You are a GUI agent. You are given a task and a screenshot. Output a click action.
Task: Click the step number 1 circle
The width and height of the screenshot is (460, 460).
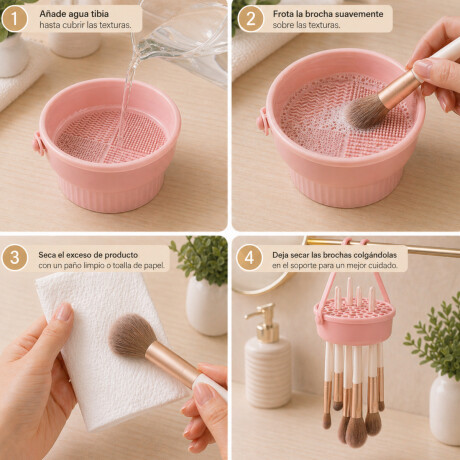(14, 19)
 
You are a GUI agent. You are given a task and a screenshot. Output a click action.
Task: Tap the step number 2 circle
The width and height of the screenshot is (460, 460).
(250, 19)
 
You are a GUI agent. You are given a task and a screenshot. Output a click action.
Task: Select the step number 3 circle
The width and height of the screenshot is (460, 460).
(14, 258)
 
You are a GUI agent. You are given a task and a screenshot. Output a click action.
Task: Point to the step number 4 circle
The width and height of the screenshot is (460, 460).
(249, 258)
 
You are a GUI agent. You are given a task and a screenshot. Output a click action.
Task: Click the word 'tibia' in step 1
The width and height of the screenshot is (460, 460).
(98, 14)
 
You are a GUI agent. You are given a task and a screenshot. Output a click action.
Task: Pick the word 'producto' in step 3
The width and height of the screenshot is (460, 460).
(121, 255)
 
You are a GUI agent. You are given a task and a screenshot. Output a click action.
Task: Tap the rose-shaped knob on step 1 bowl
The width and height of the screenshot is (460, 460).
(38, 144)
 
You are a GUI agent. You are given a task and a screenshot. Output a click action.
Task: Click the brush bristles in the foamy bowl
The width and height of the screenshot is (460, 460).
(364, 111)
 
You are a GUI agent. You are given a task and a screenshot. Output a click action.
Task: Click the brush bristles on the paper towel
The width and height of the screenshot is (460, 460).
(132, 335)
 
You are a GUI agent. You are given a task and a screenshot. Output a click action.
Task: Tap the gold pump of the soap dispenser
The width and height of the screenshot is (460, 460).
(265, 322)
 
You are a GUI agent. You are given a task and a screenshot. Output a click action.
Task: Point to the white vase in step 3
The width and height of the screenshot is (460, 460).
(207, 307)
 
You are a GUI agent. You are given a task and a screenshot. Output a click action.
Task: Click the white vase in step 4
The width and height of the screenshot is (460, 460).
(445, 410)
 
